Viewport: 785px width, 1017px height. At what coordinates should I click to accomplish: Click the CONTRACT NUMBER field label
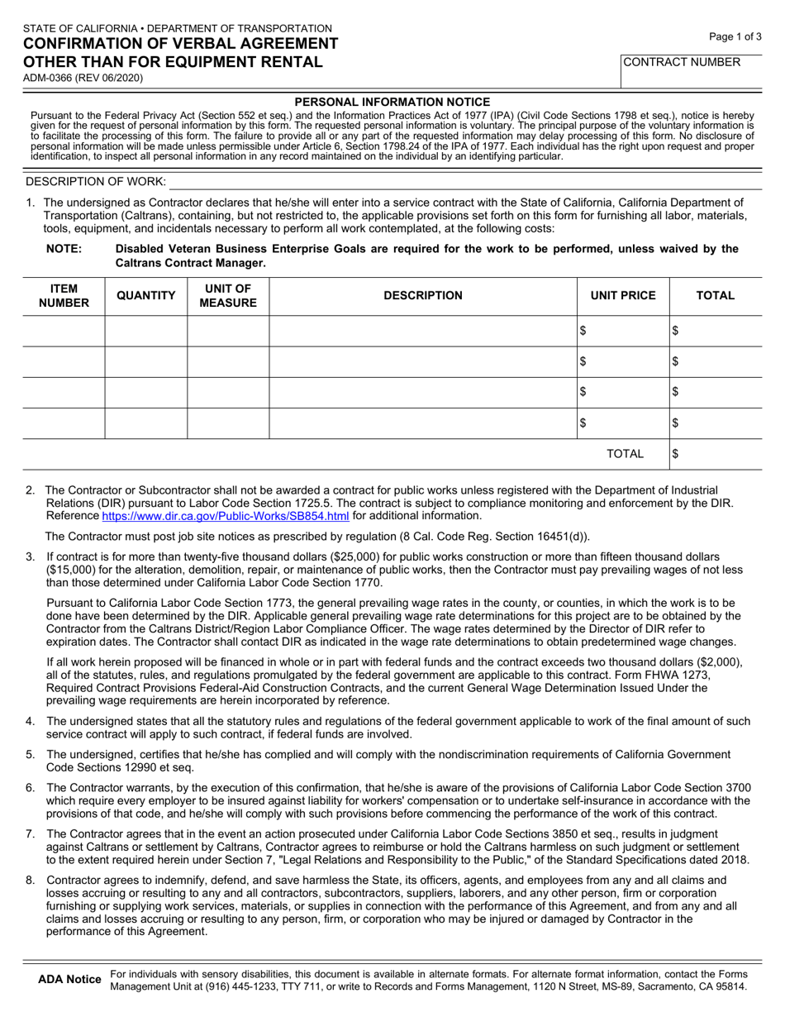pos(682,61)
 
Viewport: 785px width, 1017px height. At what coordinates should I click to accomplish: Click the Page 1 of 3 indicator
pos(735,36)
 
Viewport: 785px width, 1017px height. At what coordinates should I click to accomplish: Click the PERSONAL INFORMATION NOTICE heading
pos(392,101)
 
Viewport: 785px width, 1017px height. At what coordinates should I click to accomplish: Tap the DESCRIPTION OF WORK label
pos(96,181)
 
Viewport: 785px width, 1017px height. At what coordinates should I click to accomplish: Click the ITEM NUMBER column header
pos(64,295)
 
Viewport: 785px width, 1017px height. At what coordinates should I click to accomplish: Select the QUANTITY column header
pos(145,295)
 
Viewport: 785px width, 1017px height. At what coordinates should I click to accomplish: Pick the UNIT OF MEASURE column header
pos(228,295)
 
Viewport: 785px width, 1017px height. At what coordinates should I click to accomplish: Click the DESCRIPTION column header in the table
pos(422,295)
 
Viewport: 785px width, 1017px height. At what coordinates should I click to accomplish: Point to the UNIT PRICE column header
pos(622,295)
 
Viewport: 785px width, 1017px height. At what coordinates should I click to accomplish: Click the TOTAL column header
pos(715,295)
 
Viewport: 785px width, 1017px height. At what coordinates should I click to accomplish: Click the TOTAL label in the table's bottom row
pos(625,453)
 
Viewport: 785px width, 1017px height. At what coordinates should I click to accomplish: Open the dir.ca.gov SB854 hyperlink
pos(225,516)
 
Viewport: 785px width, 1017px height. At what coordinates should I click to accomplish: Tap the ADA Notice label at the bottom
pos(70,980)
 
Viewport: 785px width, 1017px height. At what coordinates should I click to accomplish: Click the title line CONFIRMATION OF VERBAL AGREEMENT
pos(180,44)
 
